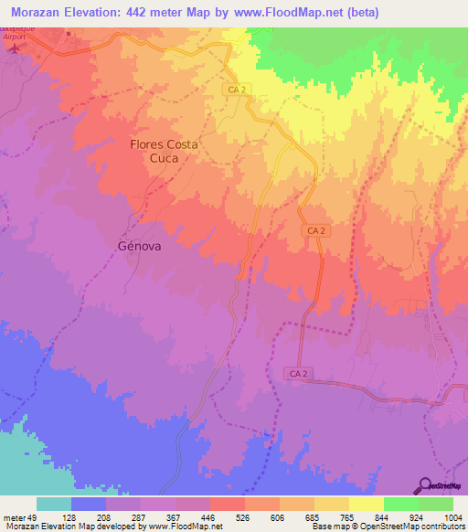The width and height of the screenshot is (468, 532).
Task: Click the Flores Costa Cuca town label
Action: point(165,151)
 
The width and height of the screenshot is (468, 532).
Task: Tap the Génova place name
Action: point(143,245)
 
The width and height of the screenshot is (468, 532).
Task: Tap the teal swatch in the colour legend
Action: point(53,504)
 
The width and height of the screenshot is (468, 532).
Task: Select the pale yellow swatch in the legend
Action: point(366,504)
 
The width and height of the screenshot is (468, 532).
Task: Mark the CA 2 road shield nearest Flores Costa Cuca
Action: point(237,88)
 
